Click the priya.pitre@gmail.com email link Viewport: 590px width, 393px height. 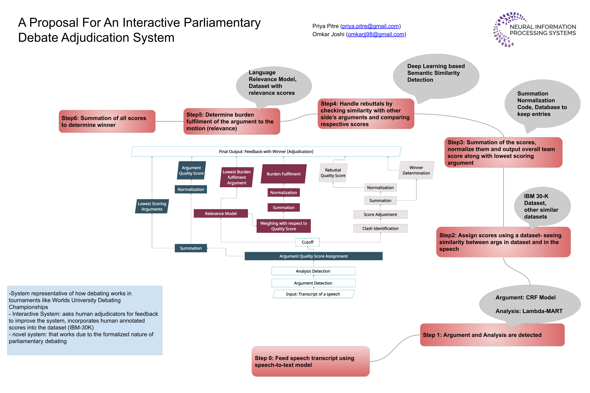(370, 26)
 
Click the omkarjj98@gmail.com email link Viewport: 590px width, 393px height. (376, 34)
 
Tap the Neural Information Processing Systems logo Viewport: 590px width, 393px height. (534, 29)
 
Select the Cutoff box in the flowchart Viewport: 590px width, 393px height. (308, 242)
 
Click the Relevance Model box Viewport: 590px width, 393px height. (221, 213)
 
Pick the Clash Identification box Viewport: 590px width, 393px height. (380, 228)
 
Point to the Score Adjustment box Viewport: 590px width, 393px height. (380, 215)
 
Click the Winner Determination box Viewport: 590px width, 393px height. (416, 170)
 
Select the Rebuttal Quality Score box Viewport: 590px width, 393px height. (333, 173)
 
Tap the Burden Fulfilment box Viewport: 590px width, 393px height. (283, 174)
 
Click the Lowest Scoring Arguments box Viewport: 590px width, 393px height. (152, 206)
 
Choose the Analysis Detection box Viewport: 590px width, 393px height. (313, 271)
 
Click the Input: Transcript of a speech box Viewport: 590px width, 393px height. (313, 294)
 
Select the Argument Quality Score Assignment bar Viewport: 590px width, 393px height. (313, 256)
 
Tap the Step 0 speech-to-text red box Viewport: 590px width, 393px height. (310, 361)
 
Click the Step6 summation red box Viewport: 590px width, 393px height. (107, 121)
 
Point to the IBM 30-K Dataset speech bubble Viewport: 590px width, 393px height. (542, 206)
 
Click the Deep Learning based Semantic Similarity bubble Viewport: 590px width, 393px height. (436, 75)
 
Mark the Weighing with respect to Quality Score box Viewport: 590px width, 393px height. (283, 226)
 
